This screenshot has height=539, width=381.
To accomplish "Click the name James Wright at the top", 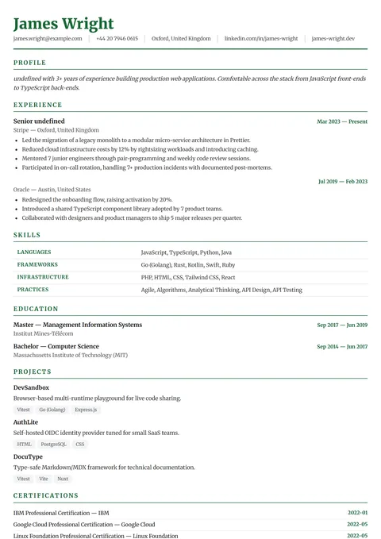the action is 63,23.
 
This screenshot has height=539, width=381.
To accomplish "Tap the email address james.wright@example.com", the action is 48,38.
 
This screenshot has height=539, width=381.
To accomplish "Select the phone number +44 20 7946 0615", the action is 117,38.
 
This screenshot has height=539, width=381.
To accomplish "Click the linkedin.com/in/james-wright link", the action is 261,38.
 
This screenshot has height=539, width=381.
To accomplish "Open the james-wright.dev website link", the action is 333,38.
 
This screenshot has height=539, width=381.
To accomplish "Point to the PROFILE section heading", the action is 30,63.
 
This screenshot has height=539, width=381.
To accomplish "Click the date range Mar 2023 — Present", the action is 342,121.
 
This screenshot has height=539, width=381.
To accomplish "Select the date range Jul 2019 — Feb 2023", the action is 343,181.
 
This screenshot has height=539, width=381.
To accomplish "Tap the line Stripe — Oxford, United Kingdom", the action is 56,130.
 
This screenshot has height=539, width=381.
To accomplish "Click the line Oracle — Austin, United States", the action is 52,190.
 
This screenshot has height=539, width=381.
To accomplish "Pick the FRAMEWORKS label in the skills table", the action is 37,264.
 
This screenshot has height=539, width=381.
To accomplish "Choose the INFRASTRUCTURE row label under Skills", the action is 43,277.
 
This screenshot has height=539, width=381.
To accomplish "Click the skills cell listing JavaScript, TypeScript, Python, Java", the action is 186,252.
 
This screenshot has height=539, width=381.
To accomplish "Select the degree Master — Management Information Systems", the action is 78,325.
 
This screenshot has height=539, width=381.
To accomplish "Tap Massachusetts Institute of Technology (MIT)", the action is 71,355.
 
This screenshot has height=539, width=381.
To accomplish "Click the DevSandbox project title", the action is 31,387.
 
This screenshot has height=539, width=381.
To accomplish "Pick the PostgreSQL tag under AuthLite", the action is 54,445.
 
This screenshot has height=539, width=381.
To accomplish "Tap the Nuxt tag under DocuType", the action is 63,479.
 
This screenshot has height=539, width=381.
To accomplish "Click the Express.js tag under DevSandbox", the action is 86,410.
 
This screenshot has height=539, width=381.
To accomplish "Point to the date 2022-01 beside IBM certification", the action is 357,513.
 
